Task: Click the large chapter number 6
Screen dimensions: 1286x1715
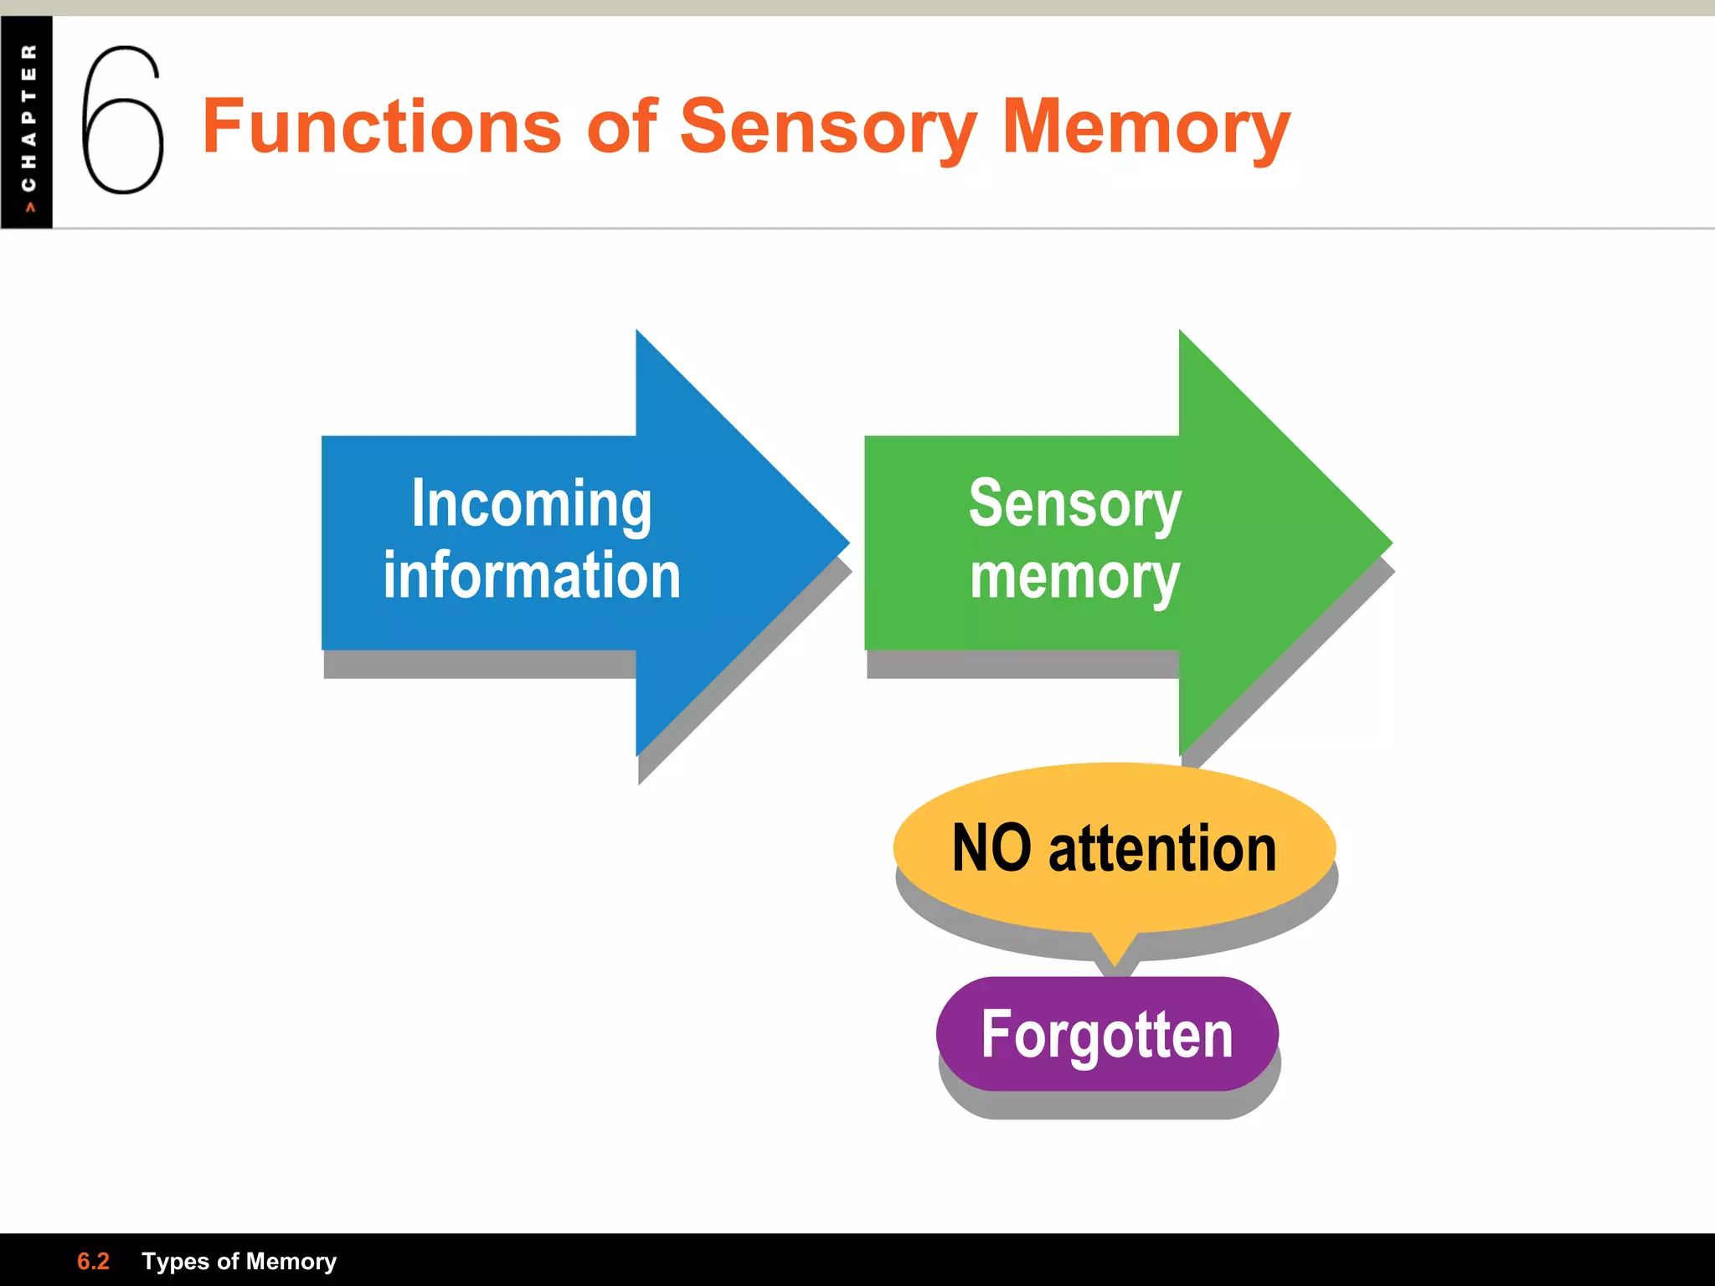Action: coord(122,120)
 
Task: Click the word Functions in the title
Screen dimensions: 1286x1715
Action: coord(382,126)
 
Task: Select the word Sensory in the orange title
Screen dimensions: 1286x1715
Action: coord(828,128)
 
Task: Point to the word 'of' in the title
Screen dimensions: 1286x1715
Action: coord(622,126)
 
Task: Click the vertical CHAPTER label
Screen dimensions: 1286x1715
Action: coord(28,117)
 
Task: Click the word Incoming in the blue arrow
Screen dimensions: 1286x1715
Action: coord(531,504)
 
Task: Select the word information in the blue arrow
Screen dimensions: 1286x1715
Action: coord(532,576)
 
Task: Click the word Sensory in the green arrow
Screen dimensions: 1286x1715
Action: coord(1074,504)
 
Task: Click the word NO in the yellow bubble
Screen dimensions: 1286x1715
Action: coord(991,848)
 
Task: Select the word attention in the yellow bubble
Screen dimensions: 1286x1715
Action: coord(1162,848)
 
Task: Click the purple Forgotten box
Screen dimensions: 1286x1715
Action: coord(1107,1034)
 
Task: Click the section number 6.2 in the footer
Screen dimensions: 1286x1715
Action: coord(93,1261)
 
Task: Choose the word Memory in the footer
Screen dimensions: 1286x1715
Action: coord(291,1261)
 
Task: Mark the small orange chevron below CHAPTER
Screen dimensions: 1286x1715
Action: coord(30,207)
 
